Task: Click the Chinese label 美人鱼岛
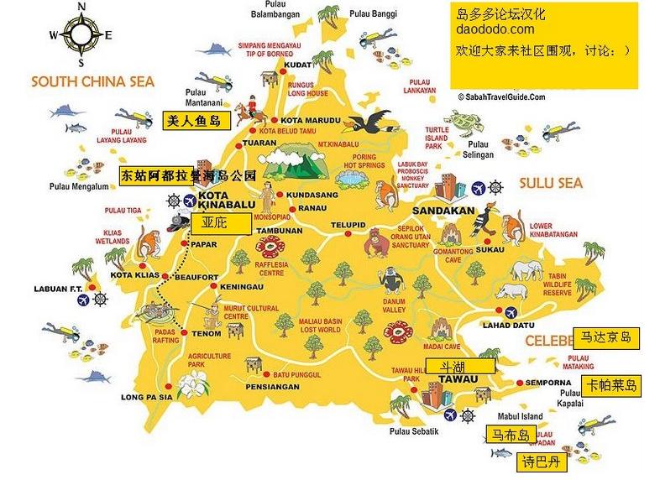(x=194, y=121)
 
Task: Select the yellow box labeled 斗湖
(x=459, y=365)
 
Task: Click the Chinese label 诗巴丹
(x=540, y=462)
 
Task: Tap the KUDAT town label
(x=299, y=64)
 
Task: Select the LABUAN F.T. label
(x=57, y=289)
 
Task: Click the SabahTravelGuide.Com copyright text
(x=501, y=97)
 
